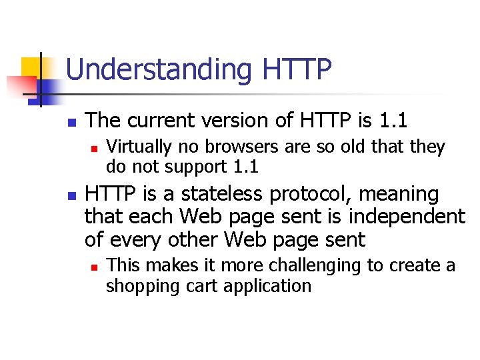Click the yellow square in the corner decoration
click(32, 67)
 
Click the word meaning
click(399, 195)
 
